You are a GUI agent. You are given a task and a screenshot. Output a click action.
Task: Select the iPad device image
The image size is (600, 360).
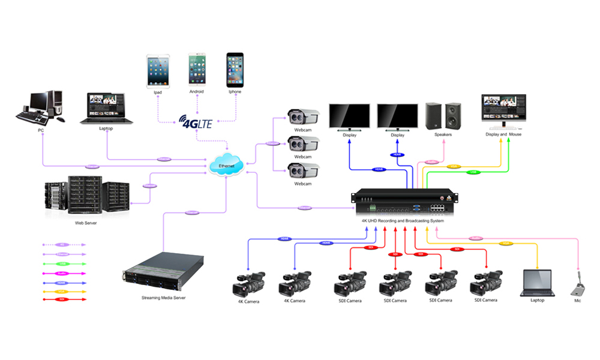click(x=158, y=71)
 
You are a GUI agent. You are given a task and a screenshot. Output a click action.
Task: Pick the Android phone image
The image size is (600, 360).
click(x=197, y=70)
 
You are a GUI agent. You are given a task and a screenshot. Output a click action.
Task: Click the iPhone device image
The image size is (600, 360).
click(x=235, y=70)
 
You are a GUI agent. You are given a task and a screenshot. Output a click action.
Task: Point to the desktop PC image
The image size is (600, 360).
click(x=39, y=106)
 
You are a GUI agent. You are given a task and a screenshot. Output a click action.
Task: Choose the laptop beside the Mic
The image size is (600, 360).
click(x=536, y=282)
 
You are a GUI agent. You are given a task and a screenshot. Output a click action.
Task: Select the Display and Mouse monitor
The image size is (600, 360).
click(x=503, y=110)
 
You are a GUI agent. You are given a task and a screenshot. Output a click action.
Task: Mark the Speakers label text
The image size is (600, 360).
click(x=443, y=134)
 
